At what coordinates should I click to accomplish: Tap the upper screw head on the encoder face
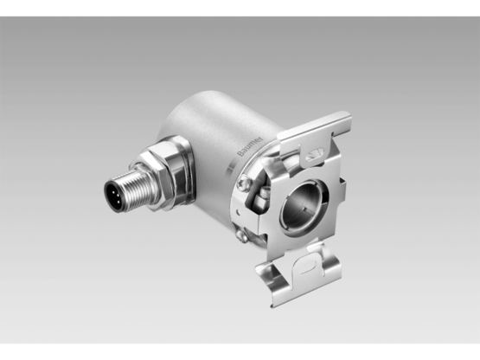click(245, 183)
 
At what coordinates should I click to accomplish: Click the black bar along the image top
click(240, 7)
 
